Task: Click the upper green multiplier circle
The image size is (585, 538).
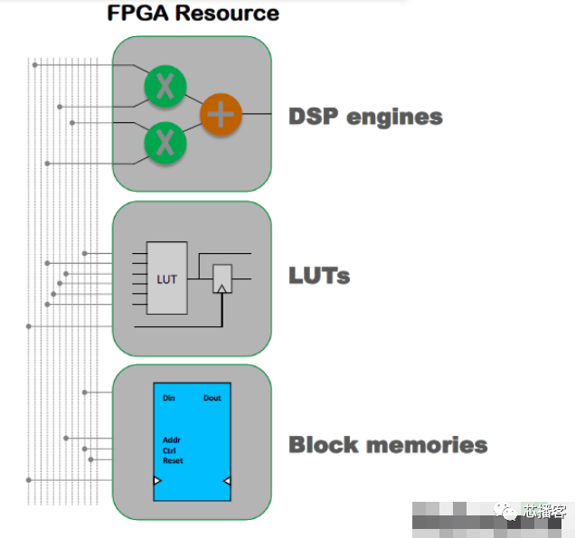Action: click(165, 86)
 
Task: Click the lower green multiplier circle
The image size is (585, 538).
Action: click(165, 143)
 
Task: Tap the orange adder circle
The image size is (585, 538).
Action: click(222, 115)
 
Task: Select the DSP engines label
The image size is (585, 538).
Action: click(365, 117)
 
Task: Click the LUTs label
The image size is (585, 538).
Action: click(318, 275)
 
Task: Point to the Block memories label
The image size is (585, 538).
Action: click(388, 445)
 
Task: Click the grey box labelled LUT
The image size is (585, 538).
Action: click(166, 278)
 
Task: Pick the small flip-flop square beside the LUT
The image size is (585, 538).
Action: click(222, 278)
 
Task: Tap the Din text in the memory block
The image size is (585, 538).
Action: click(169, 398)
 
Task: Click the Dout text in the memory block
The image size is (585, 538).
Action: click(212, 398)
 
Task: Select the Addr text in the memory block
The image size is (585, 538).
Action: click(171, 440)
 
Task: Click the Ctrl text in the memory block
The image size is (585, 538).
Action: click(169, 450)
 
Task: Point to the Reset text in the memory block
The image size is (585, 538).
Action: click(173, 460)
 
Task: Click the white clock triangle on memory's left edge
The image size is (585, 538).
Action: click(158, 480)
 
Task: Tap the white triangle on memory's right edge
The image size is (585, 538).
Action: click(228, 480)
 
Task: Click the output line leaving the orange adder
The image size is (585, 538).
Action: click(258, 114)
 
